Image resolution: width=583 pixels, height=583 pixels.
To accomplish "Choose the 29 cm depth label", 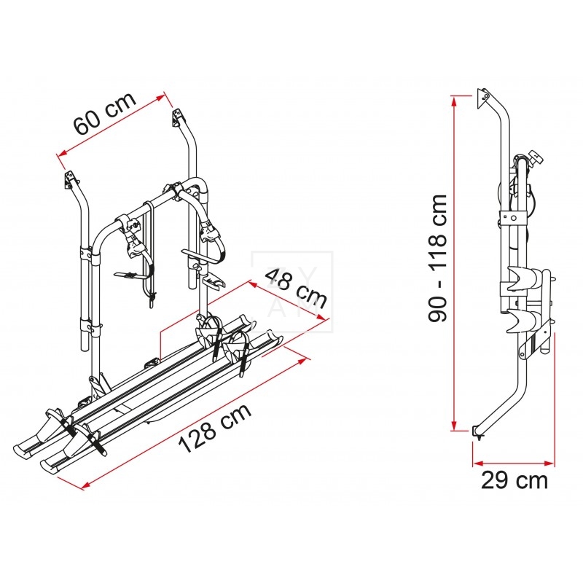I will tap(514, 480).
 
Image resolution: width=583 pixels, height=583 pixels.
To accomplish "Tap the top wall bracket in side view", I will tap(482, 97).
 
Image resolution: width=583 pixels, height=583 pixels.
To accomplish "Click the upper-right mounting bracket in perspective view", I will tap(176, 114).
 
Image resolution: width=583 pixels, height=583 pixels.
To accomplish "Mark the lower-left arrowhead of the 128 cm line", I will tap(83, 485).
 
